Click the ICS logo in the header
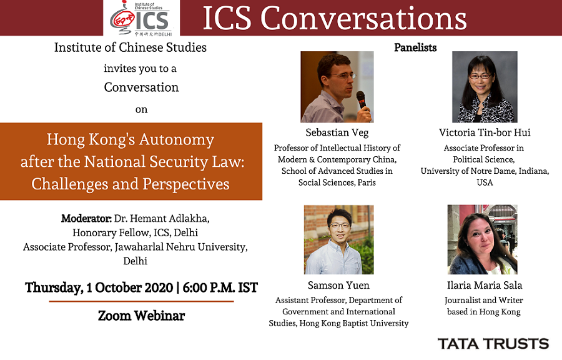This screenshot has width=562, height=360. click(141, 18)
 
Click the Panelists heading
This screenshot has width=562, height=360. click(415, 47)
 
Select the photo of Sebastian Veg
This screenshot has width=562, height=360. click(337, 87)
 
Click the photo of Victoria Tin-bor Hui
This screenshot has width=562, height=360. click(485, 87)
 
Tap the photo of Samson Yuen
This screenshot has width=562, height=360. click(338, 239)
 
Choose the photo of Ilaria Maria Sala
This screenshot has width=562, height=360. click(483, 239)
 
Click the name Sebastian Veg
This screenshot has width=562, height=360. click(337, 132)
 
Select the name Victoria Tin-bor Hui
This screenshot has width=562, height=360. click(485, 132)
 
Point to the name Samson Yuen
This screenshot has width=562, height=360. click(338, 286)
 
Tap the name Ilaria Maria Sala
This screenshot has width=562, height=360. click(485, 286)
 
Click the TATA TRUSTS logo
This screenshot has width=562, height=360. click(493, 344)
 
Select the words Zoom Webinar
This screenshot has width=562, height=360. click(142, 316)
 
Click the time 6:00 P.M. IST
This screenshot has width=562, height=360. click(220, 287)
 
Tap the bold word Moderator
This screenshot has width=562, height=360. click(86, 218)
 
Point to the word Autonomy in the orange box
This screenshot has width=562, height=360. click(177, 140)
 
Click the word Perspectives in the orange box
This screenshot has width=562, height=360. click(186, 184)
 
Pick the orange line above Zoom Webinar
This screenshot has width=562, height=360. click(141, 301)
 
